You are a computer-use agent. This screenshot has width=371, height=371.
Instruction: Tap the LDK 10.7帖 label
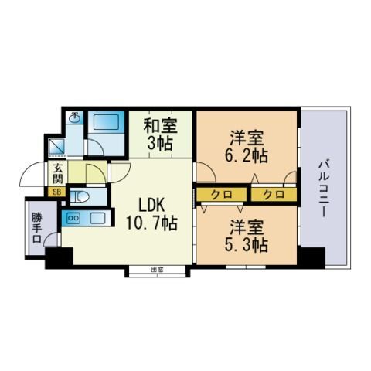(151, 215)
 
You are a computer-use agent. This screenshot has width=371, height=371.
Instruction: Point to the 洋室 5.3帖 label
(247, 235)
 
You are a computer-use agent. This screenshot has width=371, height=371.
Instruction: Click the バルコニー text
(324, 189)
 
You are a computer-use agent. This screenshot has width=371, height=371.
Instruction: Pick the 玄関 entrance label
(58, 173)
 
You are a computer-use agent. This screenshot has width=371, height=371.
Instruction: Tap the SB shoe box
(56, 192)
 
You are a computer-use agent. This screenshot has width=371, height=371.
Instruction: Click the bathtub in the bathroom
(107, 122)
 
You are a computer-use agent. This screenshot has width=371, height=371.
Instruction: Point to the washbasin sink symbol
(75, 118)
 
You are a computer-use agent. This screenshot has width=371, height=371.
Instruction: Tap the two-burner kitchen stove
(73, 219)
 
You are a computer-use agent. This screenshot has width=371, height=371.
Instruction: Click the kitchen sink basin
(97, 219)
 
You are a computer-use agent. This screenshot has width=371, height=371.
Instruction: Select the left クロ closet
(222, 195)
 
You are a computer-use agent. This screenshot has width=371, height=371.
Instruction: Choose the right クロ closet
(274, 195)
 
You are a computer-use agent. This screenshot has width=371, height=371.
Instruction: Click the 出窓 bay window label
(157, 270)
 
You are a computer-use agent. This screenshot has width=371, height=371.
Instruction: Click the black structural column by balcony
(311, 257)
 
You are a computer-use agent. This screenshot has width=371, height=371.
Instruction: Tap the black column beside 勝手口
(60, 258)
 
